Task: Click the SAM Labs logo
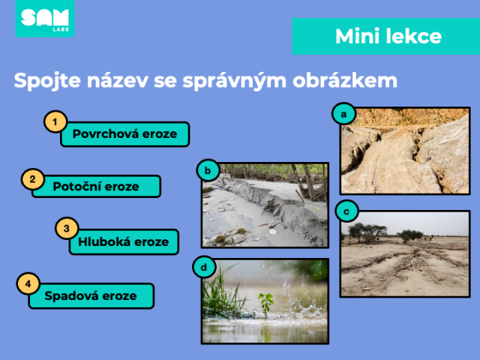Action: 45,19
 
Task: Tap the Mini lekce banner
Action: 386,37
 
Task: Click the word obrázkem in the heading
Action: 345,81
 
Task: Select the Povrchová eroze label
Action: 125,134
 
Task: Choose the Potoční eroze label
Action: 96,186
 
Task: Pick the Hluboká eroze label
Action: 124,241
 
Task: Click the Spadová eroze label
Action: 91,295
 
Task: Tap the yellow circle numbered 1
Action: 55,121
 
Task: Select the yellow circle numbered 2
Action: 33,179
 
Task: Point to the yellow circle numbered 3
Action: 67,228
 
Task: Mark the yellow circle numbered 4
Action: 28,283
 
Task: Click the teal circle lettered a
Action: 343,114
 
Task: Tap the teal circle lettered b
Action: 208,170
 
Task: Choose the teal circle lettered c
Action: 346,211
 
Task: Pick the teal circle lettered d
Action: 204,267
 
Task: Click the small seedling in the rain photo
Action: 265,304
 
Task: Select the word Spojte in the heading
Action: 47,81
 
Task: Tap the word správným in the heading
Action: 234,81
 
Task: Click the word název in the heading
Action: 118,80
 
